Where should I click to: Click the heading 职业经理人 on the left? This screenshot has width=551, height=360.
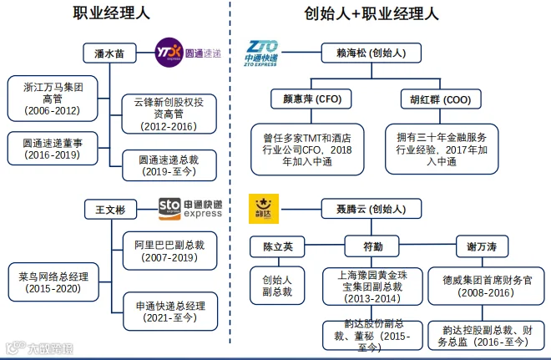tap(112, 14)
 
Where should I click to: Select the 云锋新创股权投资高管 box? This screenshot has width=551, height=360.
tap(168, 114)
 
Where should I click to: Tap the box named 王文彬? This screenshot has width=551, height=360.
tap(109, 209)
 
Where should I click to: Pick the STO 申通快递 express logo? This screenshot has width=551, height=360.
tap(190, 208)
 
